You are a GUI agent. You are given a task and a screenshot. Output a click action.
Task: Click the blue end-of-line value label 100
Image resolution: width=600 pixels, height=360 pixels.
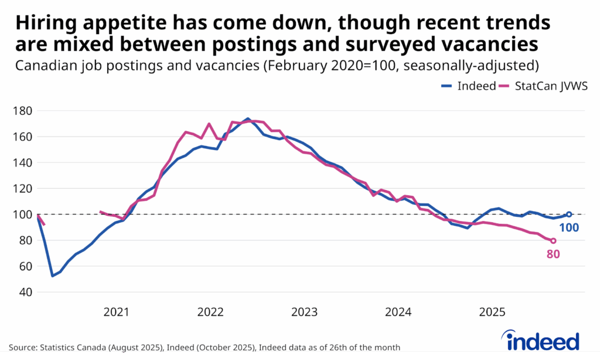click(568, 227)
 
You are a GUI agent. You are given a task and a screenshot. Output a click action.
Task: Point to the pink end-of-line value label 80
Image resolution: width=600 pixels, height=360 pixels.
click(553, 254)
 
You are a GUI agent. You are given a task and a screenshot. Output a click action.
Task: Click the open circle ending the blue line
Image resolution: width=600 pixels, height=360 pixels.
click(568, 214)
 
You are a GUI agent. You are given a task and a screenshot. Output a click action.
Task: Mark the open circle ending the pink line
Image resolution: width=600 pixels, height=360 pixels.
click(553, 240)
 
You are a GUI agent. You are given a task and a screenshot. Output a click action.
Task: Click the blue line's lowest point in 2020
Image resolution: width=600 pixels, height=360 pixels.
click(53, 276)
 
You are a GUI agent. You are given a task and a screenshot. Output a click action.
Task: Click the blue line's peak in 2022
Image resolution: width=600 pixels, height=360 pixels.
click(248, 118)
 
